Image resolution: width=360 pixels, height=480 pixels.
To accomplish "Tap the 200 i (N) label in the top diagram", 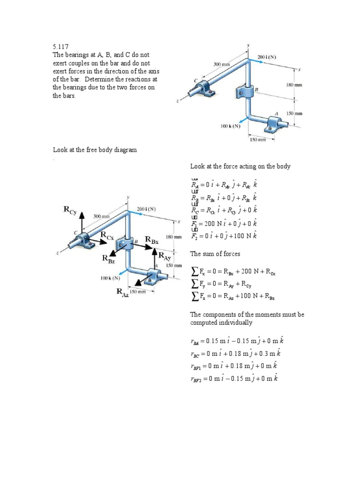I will pyautogui.click(x=267, y=57).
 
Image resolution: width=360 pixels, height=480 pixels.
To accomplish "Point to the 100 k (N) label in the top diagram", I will pyautogui.click(x=230, y=126).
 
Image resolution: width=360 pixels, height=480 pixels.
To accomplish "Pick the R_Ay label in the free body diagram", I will pyautogui.click(x=165, y=256).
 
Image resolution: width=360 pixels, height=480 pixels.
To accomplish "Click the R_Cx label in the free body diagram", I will pyautogui.click(x=106, y=237).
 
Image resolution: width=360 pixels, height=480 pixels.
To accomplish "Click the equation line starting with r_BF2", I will pyautogui.click(x=234, y=378).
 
